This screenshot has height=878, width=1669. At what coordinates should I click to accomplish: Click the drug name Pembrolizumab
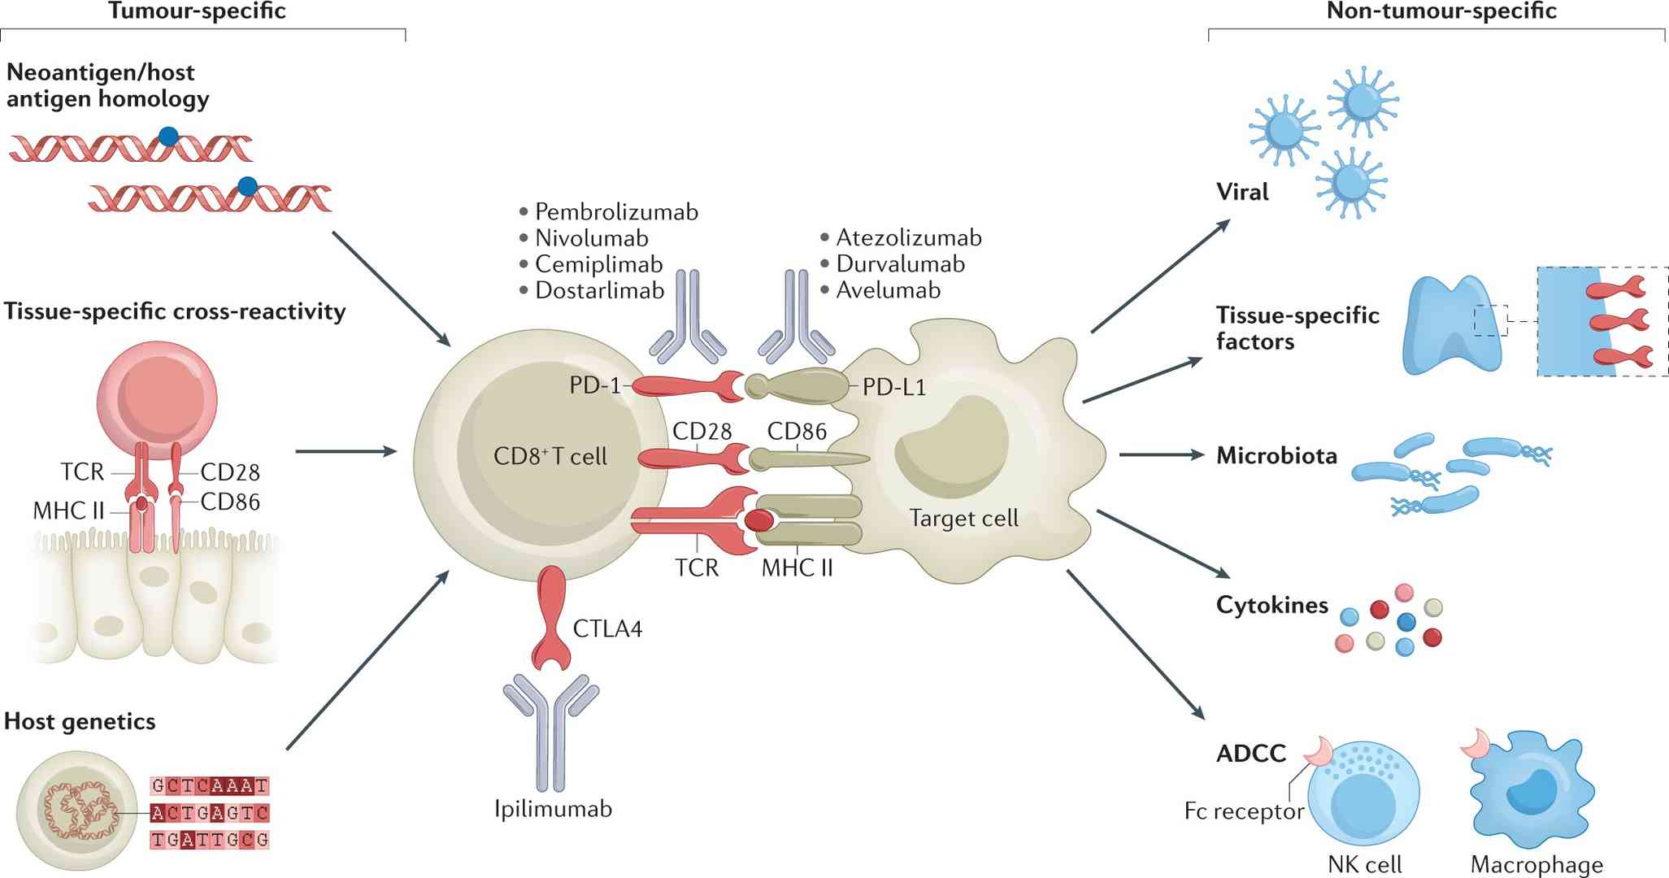point(616,212)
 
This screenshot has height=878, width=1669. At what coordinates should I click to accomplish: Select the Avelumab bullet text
point(888,290)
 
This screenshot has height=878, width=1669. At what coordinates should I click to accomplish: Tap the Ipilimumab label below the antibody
point(553,809)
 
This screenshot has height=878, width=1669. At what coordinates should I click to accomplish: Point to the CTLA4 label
point(606,629)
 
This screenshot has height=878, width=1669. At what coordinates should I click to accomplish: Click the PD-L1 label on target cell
point(894,387)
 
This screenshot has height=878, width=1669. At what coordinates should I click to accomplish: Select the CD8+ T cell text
point(550,457)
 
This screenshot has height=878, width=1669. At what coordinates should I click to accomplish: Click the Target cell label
point(963,519)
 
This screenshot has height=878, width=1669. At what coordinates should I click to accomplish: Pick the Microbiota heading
point(1276,456)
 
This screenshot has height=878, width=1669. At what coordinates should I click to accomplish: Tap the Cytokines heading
point(1271,605)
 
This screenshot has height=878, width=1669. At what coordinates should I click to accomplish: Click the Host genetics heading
point(80,722)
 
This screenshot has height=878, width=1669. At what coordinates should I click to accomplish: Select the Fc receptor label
point(1244,811)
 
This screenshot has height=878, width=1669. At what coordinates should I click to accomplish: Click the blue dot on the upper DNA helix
point(168,136)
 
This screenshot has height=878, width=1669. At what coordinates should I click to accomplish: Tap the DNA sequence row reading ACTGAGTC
point(210,813)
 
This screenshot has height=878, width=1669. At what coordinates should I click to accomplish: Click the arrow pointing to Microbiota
point(1161,455)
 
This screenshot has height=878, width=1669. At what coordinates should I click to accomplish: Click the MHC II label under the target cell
point(797,567)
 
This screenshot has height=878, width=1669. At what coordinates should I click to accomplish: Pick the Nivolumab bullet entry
point(591,238)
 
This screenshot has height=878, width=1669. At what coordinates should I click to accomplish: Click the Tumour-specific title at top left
point(197,11)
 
